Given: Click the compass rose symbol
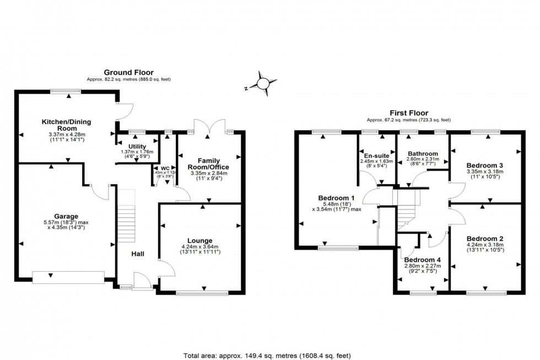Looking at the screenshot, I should click(262, 82).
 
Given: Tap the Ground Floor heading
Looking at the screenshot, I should click(128, 72).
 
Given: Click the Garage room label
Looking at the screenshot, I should click(66, 216).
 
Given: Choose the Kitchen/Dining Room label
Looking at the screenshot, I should click(66, 125).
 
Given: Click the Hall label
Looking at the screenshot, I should click(137, 254).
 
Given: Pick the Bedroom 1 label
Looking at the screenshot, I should click(336, 198).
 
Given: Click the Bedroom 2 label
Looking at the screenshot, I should click(484, 239).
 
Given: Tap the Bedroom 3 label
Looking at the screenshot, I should click(484, 165).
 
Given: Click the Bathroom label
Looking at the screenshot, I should click(423, 154).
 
